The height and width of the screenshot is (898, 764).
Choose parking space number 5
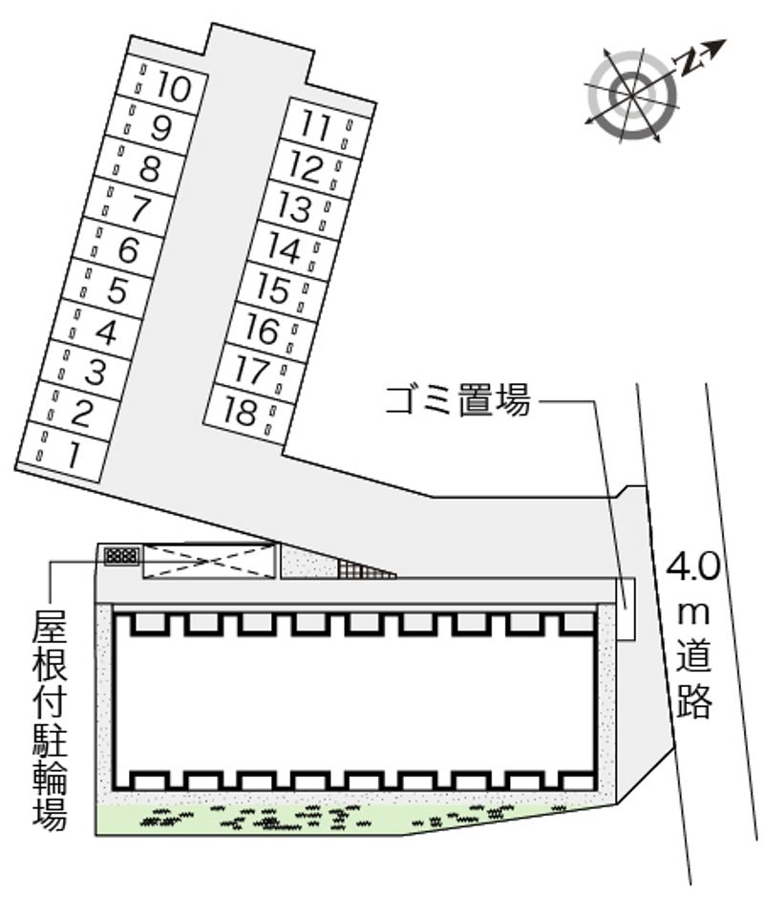point(117,289)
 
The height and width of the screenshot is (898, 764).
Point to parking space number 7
point(139,207)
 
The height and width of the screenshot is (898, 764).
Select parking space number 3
point(94,372)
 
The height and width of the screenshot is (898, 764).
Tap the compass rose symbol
point(631,94)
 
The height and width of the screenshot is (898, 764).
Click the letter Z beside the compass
point(689,61)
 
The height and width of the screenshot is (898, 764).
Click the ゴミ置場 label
point(457,401)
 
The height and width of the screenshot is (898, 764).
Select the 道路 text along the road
point(696,680)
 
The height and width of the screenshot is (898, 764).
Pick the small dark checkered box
point(122,555)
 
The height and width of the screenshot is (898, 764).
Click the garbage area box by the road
point(625,609)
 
